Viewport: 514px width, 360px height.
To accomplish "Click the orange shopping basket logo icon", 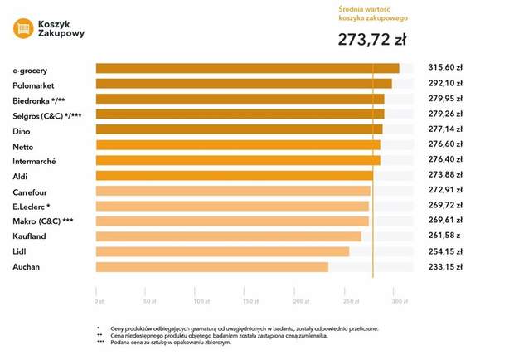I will point(23,28).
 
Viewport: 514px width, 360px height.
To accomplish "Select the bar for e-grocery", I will point(247,68).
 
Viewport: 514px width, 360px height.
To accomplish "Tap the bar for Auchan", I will point(211,267).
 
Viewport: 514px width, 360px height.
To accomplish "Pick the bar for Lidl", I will point(222,251).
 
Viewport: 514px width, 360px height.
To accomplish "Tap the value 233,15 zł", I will point(444,267).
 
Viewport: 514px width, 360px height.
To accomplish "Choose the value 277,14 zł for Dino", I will point(444,130).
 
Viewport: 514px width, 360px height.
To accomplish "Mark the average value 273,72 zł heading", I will point(371,39).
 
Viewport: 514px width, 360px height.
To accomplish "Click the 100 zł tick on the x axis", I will point(200,300).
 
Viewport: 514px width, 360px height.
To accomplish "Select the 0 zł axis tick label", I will point(99,300).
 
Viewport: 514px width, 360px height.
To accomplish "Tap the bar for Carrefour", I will point(233,191).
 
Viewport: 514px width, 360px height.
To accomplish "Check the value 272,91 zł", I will point(444,191).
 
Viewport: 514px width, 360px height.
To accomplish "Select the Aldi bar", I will point(234,176).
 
